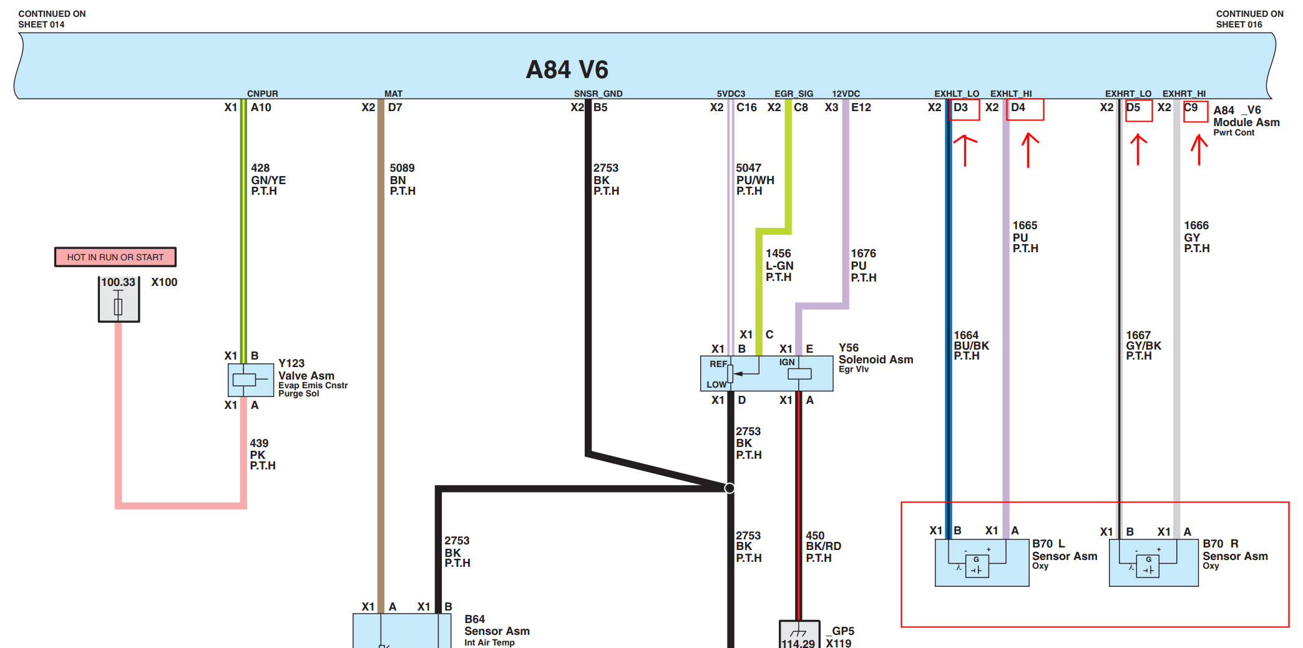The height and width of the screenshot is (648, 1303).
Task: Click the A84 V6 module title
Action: (x=567, y=69)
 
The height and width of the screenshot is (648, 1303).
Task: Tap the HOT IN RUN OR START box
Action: (x=115, y=257)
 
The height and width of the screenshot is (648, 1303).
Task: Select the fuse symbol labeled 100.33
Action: (x=119, y=300)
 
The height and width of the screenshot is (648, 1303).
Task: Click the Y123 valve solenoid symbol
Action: (x=251, y=380)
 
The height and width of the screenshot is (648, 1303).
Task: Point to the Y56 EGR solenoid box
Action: (x=767, y=373)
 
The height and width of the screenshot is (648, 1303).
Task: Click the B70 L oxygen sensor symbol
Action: (x=982, y=562)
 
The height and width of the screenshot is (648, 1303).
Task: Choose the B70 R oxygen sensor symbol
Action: (x=1153, y=562)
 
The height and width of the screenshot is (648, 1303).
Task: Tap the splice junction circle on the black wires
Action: (x=730, y=488)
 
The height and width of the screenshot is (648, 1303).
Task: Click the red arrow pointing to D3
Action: (x=965, y=150)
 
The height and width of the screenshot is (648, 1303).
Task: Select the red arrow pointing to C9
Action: (x=1199, y=150)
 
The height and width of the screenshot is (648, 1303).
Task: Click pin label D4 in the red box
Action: (x=1018, y=107)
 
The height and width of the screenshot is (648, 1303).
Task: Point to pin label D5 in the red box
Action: (x=1133, y=107)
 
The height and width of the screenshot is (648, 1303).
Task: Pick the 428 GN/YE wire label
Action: (x=268, y=180)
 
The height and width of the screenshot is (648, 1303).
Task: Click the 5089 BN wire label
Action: (x=403, y=180)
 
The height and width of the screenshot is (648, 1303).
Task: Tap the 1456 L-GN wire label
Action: (x=779, y=265)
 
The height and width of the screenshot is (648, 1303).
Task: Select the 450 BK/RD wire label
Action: (x=823, y=546)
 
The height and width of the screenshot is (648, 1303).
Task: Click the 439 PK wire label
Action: (x=263, y=454)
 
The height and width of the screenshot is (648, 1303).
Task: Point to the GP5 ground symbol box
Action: (x=799, y=634)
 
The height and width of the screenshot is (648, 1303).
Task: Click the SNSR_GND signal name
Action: (x=598, y=94)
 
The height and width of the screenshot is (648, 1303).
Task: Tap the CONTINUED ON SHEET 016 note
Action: (x=1249, y=19)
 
